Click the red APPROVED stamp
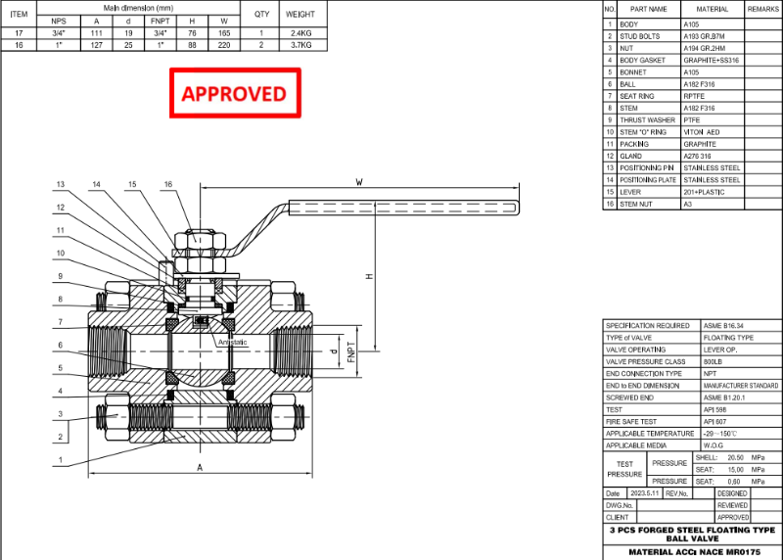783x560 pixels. tap(234, 94)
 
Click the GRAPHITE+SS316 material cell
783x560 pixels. tap(709, 60)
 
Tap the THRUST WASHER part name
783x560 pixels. tap(647, 119)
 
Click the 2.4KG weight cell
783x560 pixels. tap(299, 32)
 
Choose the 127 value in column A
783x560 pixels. tap(96, 45)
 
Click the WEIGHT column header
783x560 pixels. tap(299, 15)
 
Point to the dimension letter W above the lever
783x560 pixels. tap(359, 182)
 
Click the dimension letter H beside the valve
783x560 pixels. tap(369, 276)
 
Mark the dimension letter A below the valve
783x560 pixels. tap(200, 468)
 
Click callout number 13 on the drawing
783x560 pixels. tap(60, 184)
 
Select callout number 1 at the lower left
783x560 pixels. tap(60, 460)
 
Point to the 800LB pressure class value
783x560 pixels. tap(715, 361)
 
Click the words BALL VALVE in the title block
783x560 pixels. tap(691, 538)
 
